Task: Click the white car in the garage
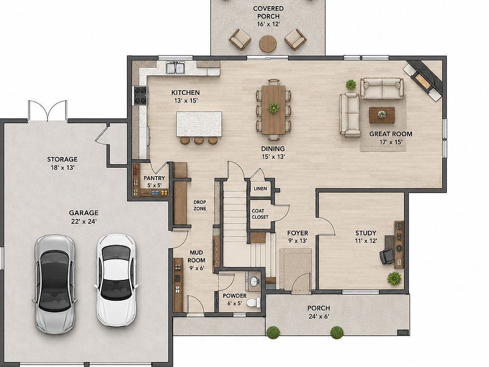click(x=116, y=280)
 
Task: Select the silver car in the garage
click(x=55, y=284)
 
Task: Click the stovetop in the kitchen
click(x=141, y=95)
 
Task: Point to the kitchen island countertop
click(x=199, y=124)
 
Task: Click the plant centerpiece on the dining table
click(x=274, y=108)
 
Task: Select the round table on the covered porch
click(x=268, y=43)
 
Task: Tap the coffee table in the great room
click(x=382, y=115)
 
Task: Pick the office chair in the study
click(x=387, y=256)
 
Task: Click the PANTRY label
click(x=154, y=178)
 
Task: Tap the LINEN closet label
click(x=260, y=189)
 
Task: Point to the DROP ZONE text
click(x=200, y=205)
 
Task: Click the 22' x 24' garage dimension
click(x=84, y=221)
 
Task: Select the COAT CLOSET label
click(x=260, y=214)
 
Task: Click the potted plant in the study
click(x=394, y=278)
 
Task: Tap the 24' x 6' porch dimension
click(x=318, y=317)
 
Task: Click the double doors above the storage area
click(x=47, y=111)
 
